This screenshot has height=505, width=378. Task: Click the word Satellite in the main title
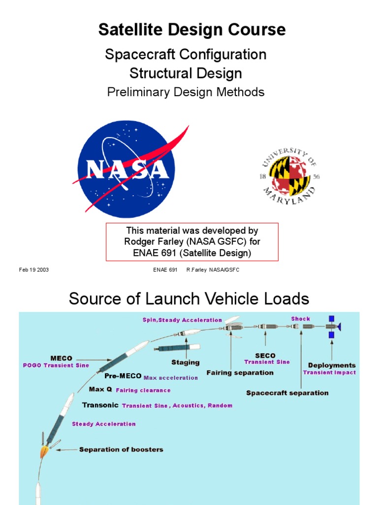point(132,30)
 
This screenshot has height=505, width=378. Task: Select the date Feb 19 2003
point(34,270)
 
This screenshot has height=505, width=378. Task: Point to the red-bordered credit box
point(192,242)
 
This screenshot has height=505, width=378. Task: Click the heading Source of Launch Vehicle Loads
point(189,298)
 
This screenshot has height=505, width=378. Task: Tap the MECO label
point(62,358)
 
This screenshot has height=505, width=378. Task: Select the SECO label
point(265,356)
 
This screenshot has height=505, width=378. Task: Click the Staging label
point(185,362)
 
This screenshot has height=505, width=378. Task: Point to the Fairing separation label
point(240,373)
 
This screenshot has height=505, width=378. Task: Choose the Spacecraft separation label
point(287,393)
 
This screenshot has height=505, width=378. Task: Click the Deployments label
point(331,365)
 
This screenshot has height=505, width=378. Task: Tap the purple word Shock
point(301,319)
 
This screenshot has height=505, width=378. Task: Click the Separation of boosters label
point(121,449)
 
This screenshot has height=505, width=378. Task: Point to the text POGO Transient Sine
point(56,365)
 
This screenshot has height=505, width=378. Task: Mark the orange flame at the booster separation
point(44,451)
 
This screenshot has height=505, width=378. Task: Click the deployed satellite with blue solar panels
point(332,326)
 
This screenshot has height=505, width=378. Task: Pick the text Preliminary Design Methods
point(186,92)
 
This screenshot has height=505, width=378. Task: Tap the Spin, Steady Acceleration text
point(182,320)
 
